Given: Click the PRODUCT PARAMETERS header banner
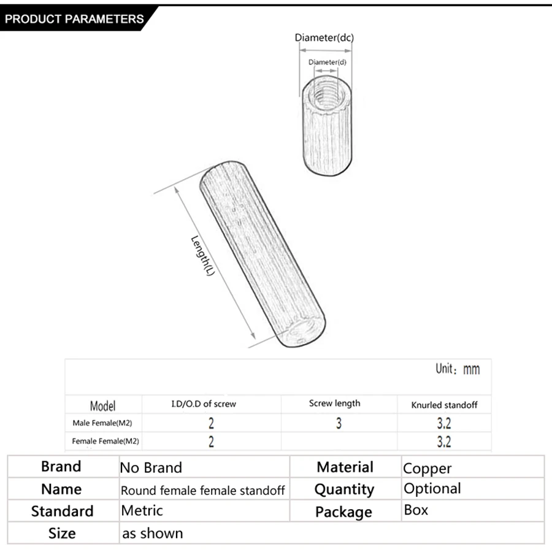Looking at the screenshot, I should pyautogui.click(x=74, y=19).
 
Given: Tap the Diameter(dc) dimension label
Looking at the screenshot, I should pyautogui.click(x=324, y=38).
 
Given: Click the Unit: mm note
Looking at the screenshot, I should pyautogui.click(x=458, y=369).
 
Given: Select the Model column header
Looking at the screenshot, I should pyautogui.click(x=102, y=405).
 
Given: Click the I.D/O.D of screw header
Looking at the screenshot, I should pyautogui.click(x=203, y=404).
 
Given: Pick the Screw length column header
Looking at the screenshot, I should pyautogui.click(x=334, y=404).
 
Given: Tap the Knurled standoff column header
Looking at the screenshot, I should pyautogui.click(x=445, y=405).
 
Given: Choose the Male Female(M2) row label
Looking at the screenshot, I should pyautogui.click(x=102, y=423).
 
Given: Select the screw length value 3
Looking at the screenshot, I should pyautogui.click(x=339, y=423).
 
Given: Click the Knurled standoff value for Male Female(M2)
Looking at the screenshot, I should pyautogui.click(x=444, y=423).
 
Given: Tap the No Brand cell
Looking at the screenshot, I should pyautogui.click(x=151, y=468).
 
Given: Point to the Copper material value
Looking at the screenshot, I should pyautogui.click(x=427, y=469).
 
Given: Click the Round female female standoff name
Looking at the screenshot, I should pyautogui.click(x=202, y=490).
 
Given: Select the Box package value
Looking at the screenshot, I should pyautogui.click(x=416, y=510).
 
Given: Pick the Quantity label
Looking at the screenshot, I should pyautogui.click(x=344, y=489).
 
